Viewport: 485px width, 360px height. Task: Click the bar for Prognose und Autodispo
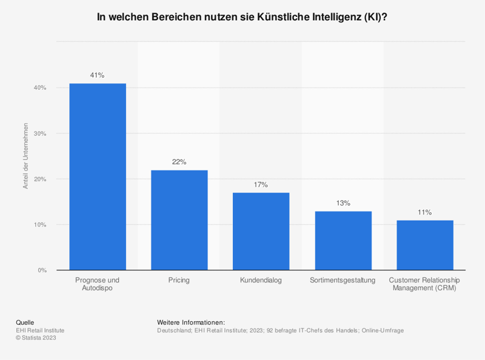(x=98, y=176)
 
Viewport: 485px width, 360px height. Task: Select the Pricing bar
(x=179, y=220)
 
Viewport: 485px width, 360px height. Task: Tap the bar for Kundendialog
(x=261, y=231)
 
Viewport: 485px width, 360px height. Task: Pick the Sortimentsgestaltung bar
(x=343, y=241)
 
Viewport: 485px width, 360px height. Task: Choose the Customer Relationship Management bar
(x=424, y=245)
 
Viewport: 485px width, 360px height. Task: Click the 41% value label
(x=98, y=75)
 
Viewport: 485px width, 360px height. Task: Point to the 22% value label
(x=179, y=162)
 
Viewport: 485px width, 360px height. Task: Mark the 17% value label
(x=261, y=185)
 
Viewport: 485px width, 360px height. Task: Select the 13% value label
(x=343, y=203)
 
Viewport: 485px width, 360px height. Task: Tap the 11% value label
(x=424, y=212)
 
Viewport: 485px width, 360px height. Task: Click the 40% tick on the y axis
(x=40, y=88)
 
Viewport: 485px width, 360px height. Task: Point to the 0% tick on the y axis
(x=42, y=270)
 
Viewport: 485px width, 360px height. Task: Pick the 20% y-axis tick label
(x=40, y=179)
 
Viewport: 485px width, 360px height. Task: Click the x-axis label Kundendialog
(x=261, y=280)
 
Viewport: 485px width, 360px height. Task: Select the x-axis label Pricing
(x=179, y=280)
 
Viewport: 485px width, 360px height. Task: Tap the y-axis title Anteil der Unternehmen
(x=26, y=156)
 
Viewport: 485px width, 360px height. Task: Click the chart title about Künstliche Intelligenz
(x=242, y=18)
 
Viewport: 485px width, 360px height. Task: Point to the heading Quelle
(x=25, y=322)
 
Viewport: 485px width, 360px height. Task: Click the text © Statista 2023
(x=36, y=338)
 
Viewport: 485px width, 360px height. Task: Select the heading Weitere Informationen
(x=190, y=322)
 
